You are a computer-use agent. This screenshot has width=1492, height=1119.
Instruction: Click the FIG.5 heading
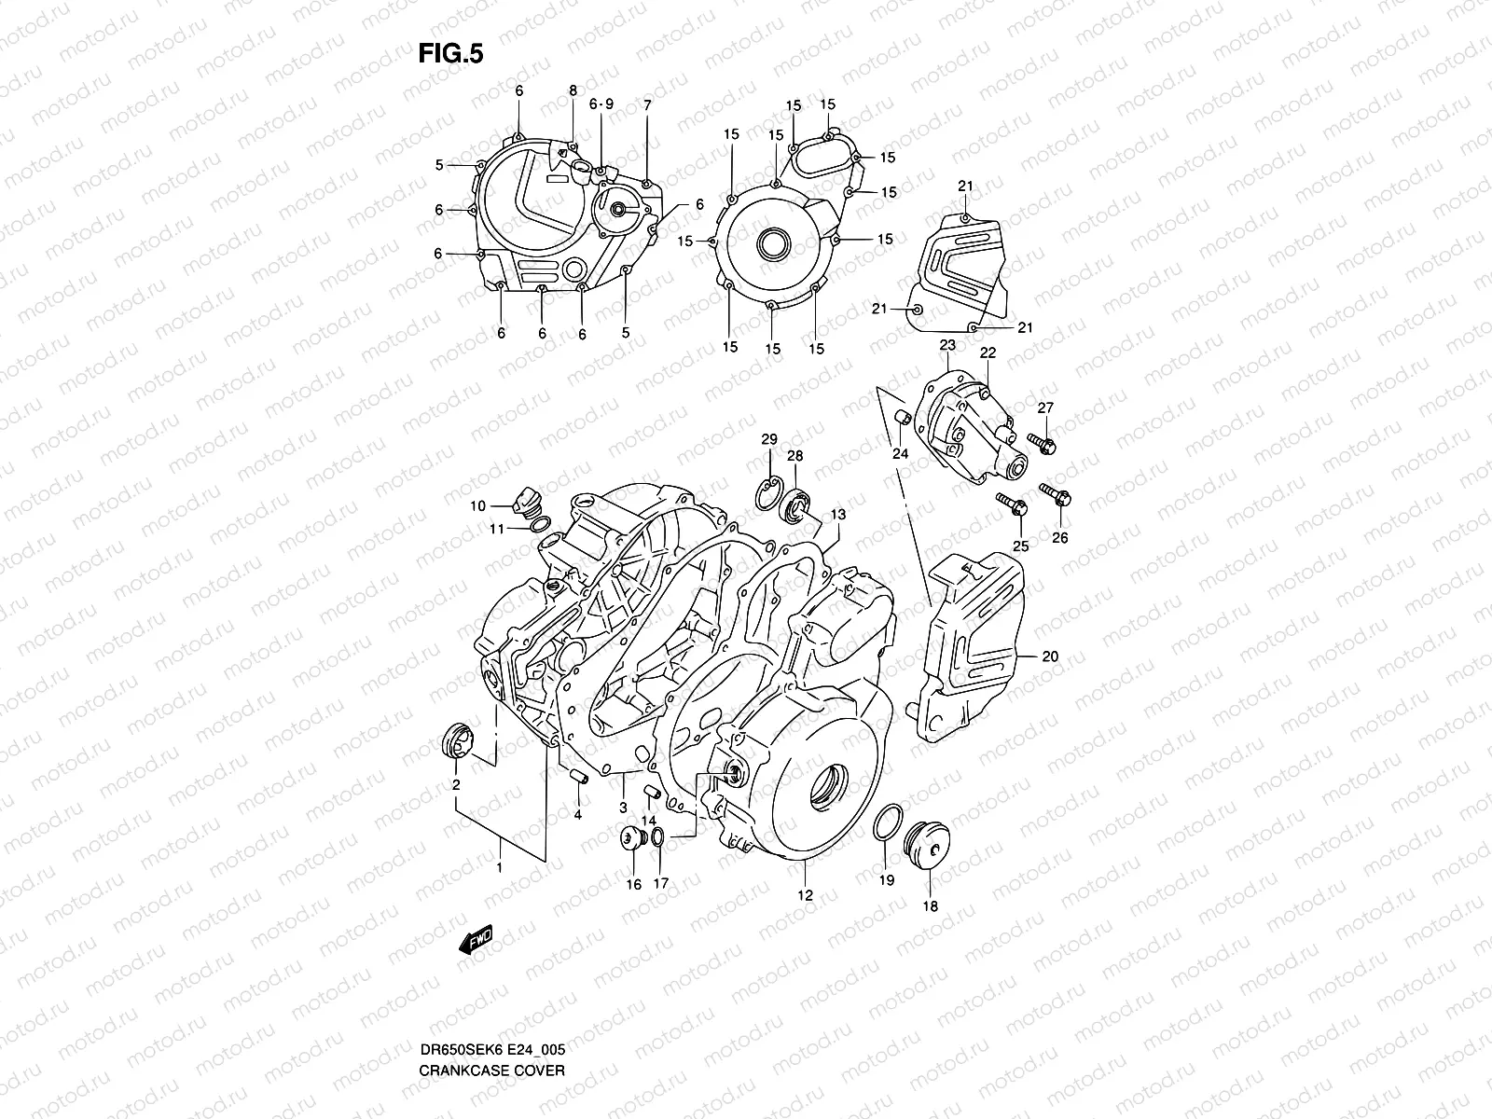(x=450, y=55)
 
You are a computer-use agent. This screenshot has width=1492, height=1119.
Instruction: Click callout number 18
(x=930, y=905)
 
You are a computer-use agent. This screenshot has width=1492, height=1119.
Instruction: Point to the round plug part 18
(x=923, y=842)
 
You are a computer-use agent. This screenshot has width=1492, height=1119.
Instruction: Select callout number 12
(x=805, y=895)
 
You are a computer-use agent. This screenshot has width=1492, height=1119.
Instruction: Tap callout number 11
(x=499, y=529)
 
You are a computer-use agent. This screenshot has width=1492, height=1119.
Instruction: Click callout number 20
(x=1050, y=656)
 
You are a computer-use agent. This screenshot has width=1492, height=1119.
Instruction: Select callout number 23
(x=947, y=345)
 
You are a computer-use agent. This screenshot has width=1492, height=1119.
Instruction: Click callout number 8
(x=573, y=90)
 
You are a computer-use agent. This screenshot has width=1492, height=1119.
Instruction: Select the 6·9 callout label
(x=601, y=104)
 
